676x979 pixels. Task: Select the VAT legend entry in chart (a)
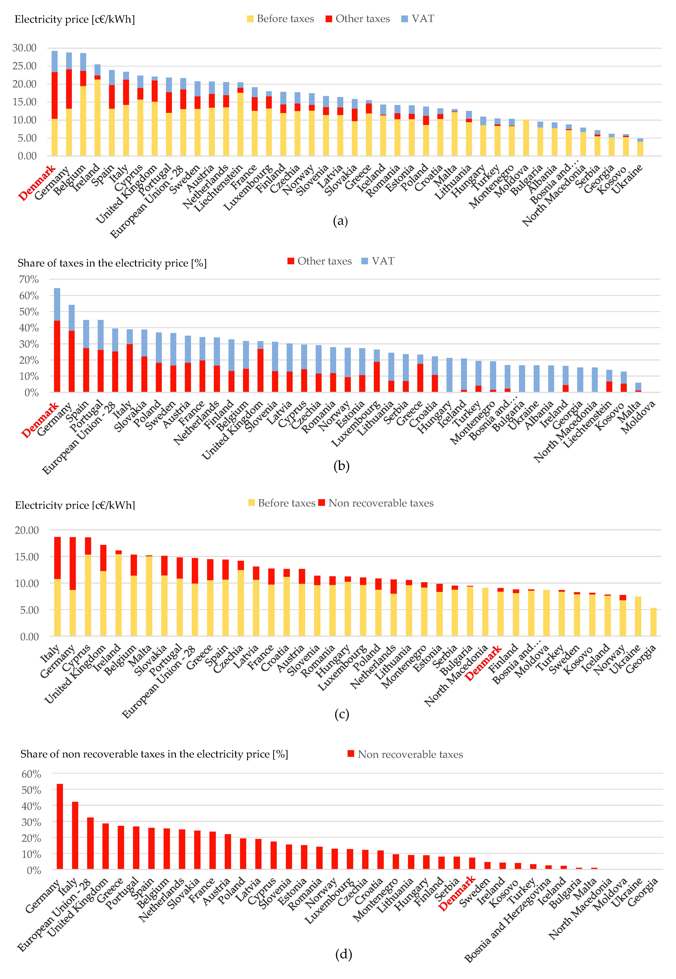click(418, 19)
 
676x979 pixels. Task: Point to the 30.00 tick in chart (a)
click(25, 48)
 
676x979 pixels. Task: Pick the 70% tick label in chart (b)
click(29, 279)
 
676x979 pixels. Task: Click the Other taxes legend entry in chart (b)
click(320, 261)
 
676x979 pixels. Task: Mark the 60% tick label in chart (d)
click(31, 774)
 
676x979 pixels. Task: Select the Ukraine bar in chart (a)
click(640, 147)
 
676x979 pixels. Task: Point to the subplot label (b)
click(341, 466)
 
